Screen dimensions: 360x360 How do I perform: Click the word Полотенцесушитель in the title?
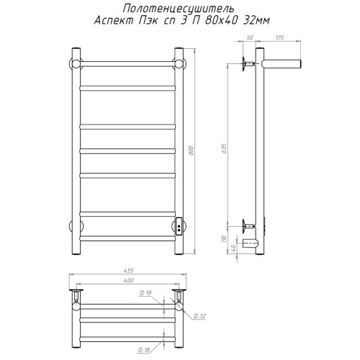click(179, 9)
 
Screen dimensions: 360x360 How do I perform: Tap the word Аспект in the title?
click(114, 21)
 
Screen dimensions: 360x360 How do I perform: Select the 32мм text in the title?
click(256, 21)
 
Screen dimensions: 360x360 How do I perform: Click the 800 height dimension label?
click(192, 150)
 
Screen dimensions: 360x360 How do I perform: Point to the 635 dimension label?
click(224, 149)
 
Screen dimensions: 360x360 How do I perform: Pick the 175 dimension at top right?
click(280, 37)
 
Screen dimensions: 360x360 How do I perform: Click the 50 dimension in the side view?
click(250, 37)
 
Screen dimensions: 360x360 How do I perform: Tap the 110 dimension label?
click(224, 239)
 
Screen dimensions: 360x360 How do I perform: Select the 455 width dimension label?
click(129, 271)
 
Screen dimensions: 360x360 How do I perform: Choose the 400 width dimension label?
click(129, 280)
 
